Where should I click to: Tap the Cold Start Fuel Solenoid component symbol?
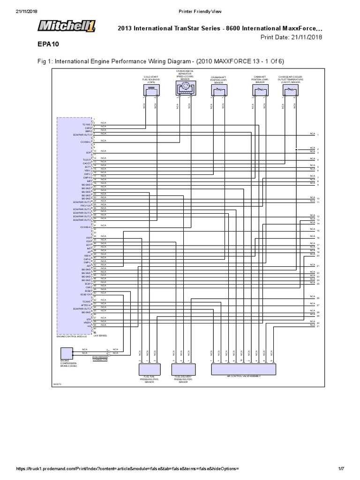151,91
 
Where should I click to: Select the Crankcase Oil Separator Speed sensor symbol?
184,88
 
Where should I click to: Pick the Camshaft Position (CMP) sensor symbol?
260,91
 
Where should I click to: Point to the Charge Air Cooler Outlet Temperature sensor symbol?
289,91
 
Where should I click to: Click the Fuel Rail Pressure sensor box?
149,369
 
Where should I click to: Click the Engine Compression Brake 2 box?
67,354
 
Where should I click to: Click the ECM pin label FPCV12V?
85,205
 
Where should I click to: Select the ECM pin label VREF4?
87,322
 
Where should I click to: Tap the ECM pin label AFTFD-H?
85,305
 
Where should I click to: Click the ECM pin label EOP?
88,153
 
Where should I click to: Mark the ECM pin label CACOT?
87,164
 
